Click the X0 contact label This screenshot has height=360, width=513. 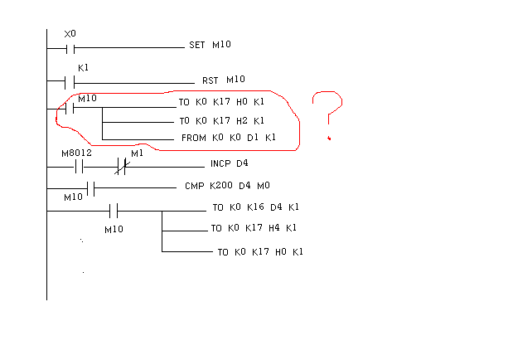70,34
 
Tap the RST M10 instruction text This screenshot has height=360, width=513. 224,80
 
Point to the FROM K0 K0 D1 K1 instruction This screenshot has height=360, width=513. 228,138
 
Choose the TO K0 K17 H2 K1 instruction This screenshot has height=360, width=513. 221,120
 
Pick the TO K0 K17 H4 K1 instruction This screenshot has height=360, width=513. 253,227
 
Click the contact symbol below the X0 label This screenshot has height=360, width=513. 70,47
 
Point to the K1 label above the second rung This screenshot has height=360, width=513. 83,68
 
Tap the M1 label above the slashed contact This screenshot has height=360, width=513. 137,153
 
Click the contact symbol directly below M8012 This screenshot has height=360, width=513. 79,166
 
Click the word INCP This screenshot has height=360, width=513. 220,163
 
